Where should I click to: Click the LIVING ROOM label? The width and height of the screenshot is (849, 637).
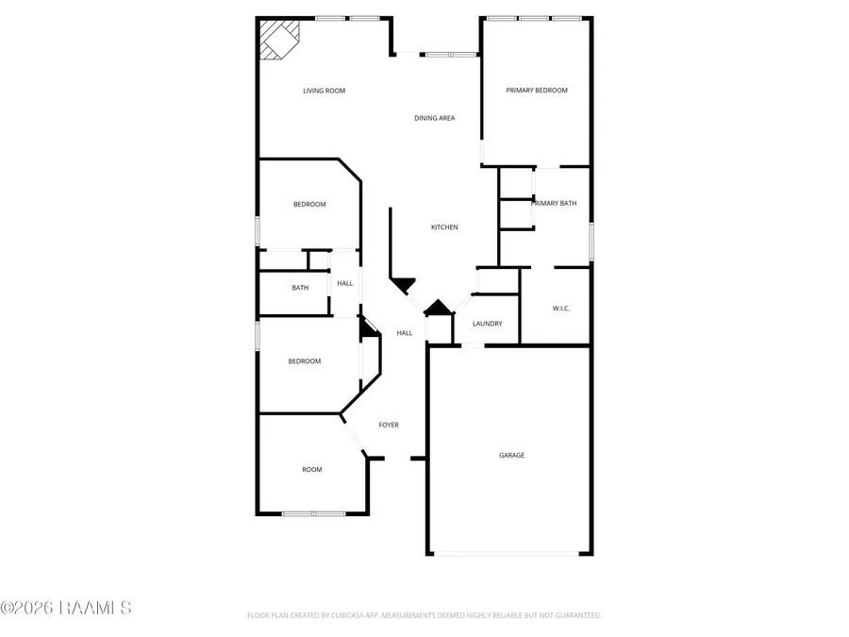(x=324, y=92)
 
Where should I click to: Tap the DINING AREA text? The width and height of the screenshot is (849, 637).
(x=434, y=119)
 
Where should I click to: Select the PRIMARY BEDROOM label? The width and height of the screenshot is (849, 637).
(x=537, y=91)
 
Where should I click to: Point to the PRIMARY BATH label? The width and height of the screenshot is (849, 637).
(x=554, y=203)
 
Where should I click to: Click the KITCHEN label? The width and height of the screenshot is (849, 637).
(x=444, y=227)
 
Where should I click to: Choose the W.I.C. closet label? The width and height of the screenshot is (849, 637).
(x=560, y=309)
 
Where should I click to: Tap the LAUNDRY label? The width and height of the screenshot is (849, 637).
(x=488, y=324)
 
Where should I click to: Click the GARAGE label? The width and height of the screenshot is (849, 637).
(x=511, y=456)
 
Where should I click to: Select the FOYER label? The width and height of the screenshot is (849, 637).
(x=389, y=426)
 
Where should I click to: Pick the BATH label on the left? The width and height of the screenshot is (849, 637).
(x=300, y=288)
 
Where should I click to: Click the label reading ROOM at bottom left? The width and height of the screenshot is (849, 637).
(x=311, y=470)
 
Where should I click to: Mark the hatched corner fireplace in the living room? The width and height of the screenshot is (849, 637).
(x=278, y=40)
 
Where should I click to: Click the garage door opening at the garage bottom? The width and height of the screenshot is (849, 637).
(x=509, y=554)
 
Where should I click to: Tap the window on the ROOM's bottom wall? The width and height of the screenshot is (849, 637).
(x=313, y=513)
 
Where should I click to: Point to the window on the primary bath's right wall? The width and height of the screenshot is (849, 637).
(x=591, y=240)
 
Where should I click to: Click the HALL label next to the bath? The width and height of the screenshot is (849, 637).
(x=345, y=283)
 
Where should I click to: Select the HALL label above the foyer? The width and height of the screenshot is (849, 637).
(x=405, y=333)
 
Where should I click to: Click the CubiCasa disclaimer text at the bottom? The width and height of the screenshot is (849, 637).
(x=424, y=615)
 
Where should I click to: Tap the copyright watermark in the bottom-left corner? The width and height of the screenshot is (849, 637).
(x=66, y=608)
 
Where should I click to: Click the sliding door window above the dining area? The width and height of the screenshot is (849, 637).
(x=450, y=55)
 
